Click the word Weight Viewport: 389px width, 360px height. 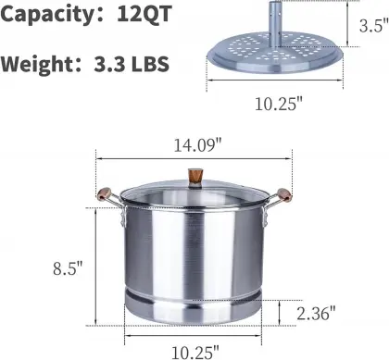pos(39,66)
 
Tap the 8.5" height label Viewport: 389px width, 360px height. pos(68,268)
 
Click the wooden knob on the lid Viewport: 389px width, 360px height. pos(195,175)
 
